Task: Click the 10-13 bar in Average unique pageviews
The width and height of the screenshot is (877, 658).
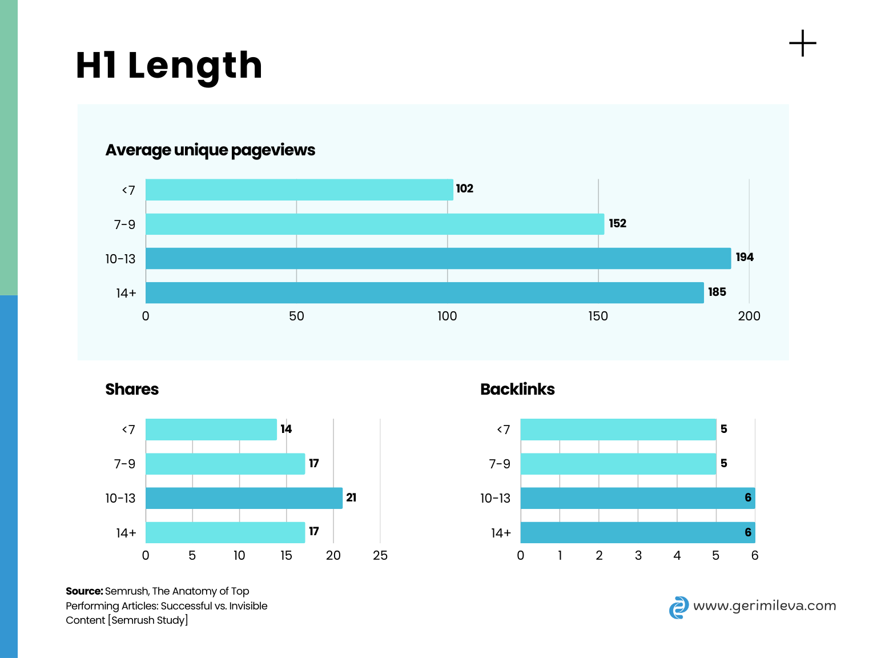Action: (x=438, y=258)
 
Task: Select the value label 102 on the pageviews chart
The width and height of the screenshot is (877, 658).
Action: (x=464, y=188)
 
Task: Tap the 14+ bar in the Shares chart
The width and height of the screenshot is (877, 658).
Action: (x=225, y=532)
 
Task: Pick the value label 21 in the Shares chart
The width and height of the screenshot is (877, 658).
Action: (x=351, y=497)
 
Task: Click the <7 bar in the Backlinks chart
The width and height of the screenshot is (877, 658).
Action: (x=618, y=430)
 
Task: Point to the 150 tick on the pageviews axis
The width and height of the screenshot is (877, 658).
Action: (x=598, y=316)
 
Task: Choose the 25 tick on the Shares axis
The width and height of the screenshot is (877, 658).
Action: (x=380, y=555)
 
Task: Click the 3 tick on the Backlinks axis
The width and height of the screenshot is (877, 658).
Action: (x=638, y=555)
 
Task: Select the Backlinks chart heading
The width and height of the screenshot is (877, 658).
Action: (x=517, y=389)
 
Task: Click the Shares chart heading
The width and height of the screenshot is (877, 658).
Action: (x=132, y=389)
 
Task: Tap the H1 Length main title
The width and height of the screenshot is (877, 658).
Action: (x=169, y=65)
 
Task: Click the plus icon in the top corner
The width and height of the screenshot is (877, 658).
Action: (x=802, y=43)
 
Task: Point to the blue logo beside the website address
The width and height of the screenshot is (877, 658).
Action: (x=678, y=608)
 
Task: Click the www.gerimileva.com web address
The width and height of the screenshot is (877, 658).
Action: (x=764, y=605)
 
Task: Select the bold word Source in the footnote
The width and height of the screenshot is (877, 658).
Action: (x=84, y=591)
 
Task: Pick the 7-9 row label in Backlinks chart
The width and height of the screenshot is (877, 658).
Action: (x=499, y=464)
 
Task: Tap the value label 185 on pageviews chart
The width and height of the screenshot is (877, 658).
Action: (x=717, y=292)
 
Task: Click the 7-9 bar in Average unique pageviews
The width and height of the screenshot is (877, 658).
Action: (x=375, y=224)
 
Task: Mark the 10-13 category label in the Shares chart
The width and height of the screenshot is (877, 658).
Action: (x=120, y=498)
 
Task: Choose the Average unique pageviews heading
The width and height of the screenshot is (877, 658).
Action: (x=210, y=150)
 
